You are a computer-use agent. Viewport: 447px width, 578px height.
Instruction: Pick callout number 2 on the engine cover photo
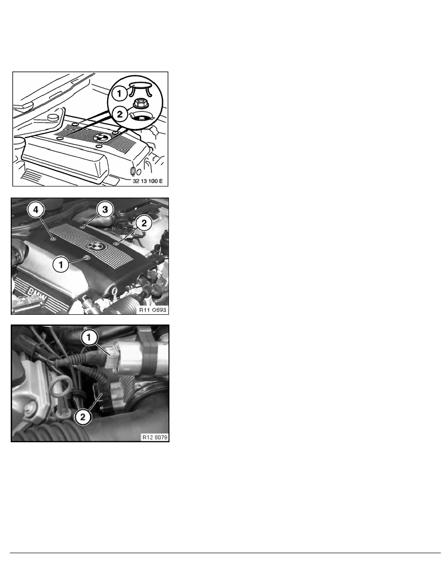coord(144,223)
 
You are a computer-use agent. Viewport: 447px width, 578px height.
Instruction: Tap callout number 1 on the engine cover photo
coord(60,265)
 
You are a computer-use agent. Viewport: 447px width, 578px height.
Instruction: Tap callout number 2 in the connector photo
coord(82,417)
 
